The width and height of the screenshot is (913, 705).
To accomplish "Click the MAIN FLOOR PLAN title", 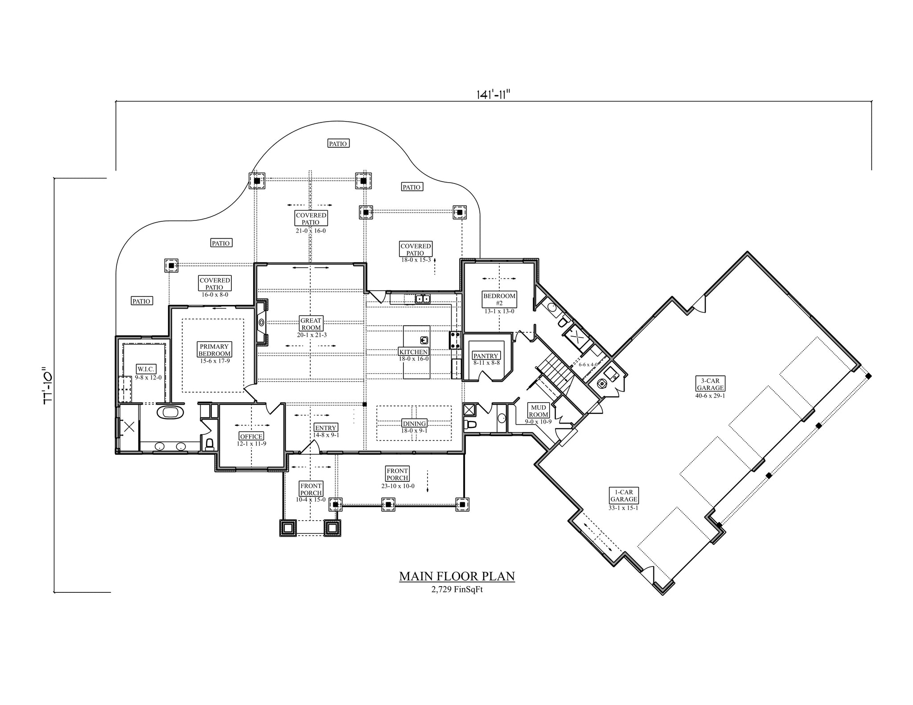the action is click(456, 576).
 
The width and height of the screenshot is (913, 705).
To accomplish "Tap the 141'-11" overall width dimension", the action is click(493, 94).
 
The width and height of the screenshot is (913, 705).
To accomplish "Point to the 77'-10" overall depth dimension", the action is click(48, 386).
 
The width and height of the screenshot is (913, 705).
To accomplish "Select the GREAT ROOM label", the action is click(311, 324).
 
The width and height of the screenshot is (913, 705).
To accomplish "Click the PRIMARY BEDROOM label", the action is click(214, 350).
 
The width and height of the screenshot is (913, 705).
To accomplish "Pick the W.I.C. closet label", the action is click(146, 369).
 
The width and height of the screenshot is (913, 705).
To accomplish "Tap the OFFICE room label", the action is click(251, 436).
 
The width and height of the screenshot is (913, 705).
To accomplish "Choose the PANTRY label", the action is click(486, 356).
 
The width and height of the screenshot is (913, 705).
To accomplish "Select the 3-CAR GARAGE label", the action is click(710, 384).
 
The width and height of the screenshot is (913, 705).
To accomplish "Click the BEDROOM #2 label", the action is click(499, 299).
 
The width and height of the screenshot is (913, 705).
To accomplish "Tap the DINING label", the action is click(414, 424).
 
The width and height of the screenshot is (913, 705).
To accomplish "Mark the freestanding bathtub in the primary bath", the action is click(170, 412).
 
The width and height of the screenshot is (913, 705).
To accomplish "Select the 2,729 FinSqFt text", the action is click(457, 590).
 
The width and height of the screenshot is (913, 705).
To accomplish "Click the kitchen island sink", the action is click(424, 341).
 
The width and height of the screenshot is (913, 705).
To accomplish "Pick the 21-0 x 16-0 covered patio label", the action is click(311, 231).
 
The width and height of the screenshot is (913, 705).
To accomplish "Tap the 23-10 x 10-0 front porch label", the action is click(397, 486).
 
